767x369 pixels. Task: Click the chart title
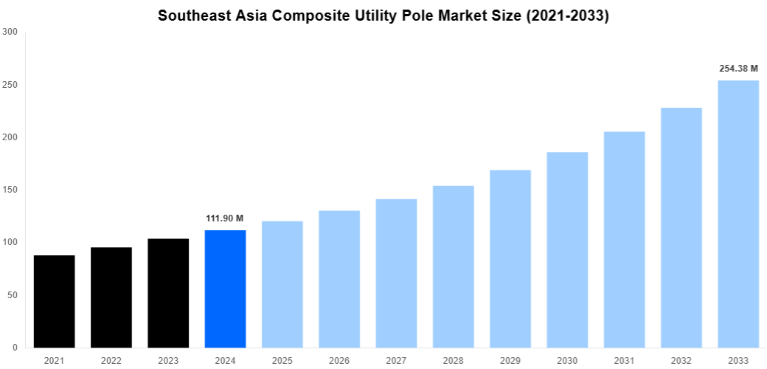click(383, 15)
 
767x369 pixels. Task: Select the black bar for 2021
click(54, 301)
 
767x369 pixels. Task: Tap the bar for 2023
click(168, 293)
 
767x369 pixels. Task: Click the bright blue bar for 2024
click(225, 289)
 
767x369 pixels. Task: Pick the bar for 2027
click(396, 273)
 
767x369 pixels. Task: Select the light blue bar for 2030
click(567, 249)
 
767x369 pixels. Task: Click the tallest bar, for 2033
click(738, 214)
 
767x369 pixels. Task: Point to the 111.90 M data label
click(225, 218)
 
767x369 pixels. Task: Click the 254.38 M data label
click(738, 69)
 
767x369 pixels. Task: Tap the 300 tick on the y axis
click(10, 32)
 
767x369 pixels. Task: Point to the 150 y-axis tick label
click(10, 190)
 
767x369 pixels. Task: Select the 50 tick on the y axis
click(13, 295)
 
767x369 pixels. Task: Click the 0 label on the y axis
click(15, 348)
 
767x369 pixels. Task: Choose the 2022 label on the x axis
click(111, 361)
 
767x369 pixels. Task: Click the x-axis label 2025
click(282, 361)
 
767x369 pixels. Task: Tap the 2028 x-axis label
click(453, 361)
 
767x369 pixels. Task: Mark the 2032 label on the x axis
click(681, 361)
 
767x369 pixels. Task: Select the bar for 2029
click(510, 258)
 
